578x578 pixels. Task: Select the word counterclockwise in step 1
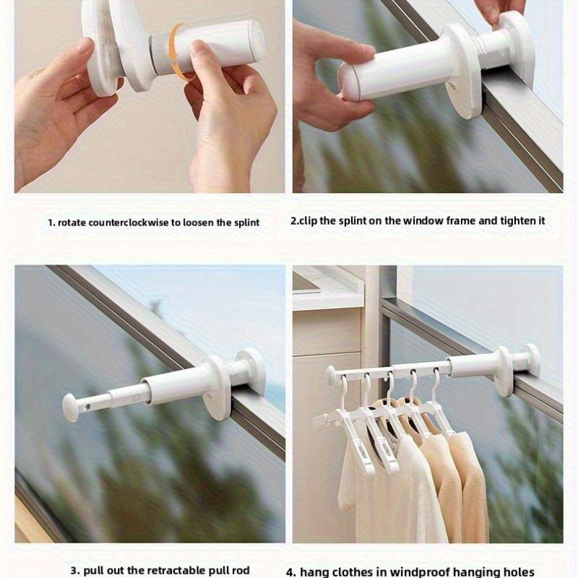click(x=126, y=223)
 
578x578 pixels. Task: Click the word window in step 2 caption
click(x=421, y=220)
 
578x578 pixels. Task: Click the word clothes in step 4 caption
click(x=361, y=571)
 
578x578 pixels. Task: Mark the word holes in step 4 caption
click(x=519, y=571)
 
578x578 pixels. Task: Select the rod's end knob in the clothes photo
click(x=330, y=376)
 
